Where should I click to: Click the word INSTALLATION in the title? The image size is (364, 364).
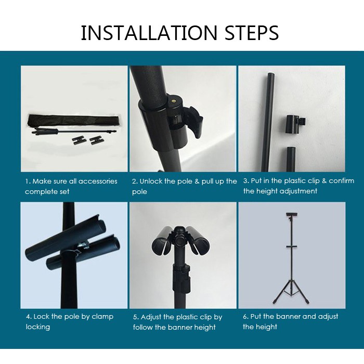[149, 33]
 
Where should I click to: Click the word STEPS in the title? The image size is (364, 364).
[252, 33]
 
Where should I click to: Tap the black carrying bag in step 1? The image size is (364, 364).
[74, 121]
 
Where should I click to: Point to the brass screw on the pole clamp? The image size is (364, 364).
[173, 101]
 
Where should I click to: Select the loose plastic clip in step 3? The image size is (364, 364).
[295, 124]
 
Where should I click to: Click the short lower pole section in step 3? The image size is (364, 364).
[291, 159]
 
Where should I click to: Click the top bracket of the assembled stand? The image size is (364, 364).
[292, 215]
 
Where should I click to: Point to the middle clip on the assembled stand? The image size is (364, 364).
[292, 246]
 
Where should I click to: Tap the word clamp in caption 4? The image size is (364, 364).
[102, 317]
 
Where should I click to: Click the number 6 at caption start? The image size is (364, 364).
[245, 316]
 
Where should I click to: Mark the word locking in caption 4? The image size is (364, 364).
[38, 327]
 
